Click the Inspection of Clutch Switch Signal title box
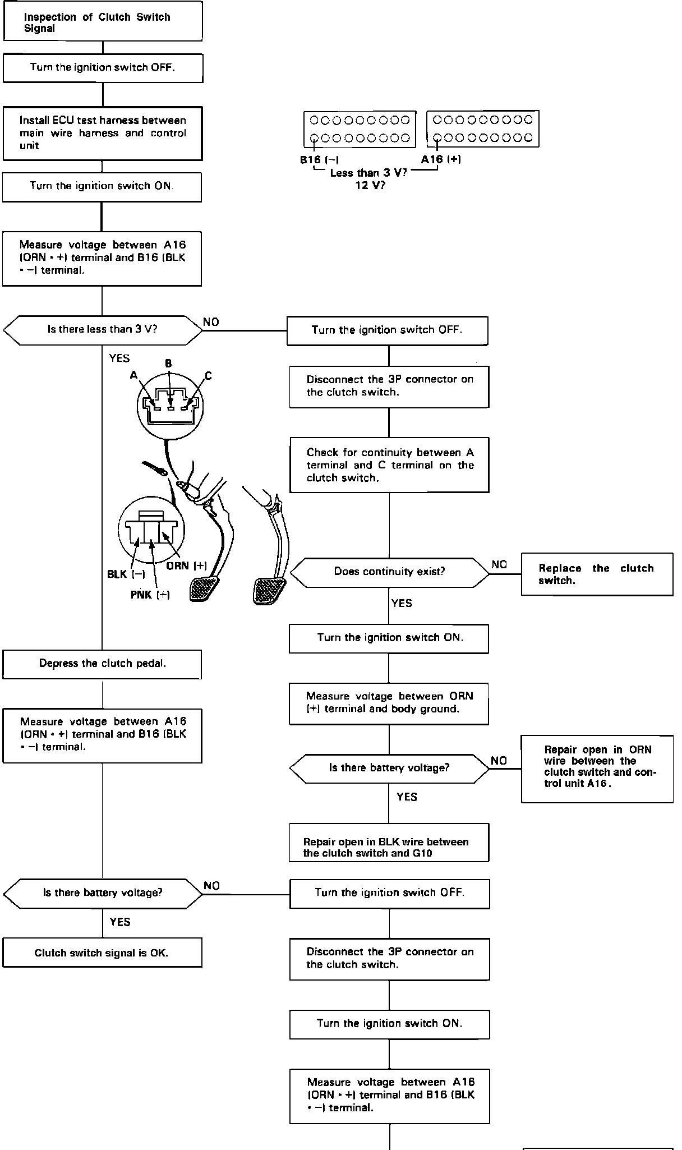(103, 21)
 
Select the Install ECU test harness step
(102, 133)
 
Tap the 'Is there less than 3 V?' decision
(103, 329)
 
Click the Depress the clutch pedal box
(102, 664)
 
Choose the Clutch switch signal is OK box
(102, 953)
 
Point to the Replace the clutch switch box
(597, 574)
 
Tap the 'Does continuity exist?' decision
(389, 572)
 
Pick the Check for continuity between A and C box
(389, 465)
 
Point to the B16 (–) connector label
(319, 160)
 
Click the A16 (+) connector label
(441, 159)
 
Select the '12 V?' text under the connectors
(370, 185)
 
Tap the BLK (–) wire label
(126, 574)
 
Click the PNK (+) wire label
(150, 595)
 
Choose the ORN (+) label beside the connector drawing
(187, 565)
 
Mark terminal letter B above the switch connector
(168, 364)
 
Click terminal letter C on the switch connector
(208, 376)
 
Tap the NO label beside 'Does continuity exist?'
(499, 564)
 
